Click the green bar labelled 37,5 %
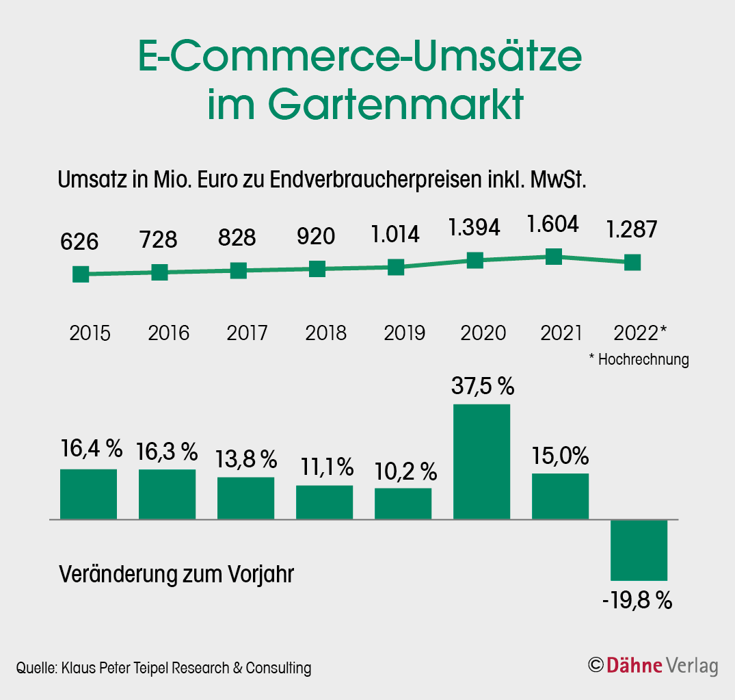pyautogui.click(x=482, y=461)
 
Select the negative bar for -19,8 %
pyautogui.click(x=639, y=550)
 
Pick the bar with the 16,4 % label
pyautogui.click(x=89, y=493)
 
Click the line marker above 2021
pyautogui.click(x=554, y=257)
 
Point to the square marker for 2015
pyautogui.click(x=81, y=274)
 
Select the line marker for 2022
pyautogui.click(x=632, y=262)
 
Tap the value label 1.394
pyautogui.click(x=475, y=227)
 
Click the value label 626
pyautogui.click(x=79, y=242)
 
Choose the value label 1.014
pyautogui.click(x=395, y=234)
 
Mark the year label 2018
pyautogui.click(x=325, y=333)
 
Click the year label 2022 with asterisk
pyautogui.click(x=639, y=333)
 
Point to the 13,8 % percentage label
pyautogui.click(x=246, y=458)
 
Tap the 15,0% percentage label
pyautogui.click(x=561, y=455)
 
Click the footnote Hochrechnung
pyautogui.click(x=643, y=359)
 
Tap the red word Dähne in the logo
pyautogui.click(x=634, y=665)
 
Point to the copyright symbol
pyautogui.click(x=596, y=665)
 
